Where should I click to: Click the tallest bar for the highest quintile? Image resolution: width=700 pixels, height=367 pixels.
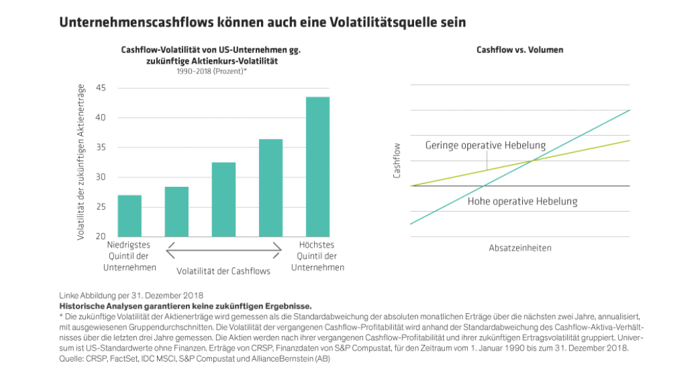tap(317, 166)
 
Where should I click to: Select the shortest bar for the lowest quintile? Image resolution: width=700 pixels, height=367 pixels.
tap(130, 216)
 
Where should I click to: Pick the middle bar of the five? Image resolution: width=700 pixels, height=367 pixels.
tap(223, 199)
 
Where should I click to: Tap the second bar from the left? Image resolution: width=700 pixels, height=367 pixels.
tap(177, 211)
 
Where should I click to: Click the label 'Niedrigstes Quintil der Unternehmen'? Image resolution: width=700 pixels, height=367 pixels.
tap(130, 256)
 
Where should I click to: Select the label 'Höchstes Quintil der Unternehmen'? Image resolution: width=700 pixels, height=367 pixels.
tap(317, 256)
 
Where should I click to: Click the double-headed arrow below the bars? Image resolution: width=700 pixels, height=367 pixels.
tap(223, 249)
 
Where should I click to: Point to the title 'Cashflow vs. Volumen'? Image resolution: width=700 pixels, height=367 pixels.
tap(519, 50)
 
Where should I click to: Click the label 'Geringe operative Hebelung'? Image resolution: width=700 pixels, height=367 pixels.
tap(485, 145)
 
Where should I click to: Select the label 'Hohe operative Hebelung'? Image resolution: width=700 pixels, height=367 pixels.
tap(522, 201)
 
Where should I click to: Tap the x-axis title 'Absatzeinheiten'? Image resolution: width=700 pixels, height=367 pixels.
tap(519, 248)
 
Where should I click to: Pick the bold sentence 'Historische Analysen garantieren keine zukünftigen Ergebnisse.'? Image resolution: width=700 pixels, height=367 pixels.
tap(185, 305)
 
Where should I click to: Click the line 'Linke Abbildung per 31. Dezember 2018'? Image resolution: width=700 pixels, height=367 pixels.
tap(131, 296)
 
